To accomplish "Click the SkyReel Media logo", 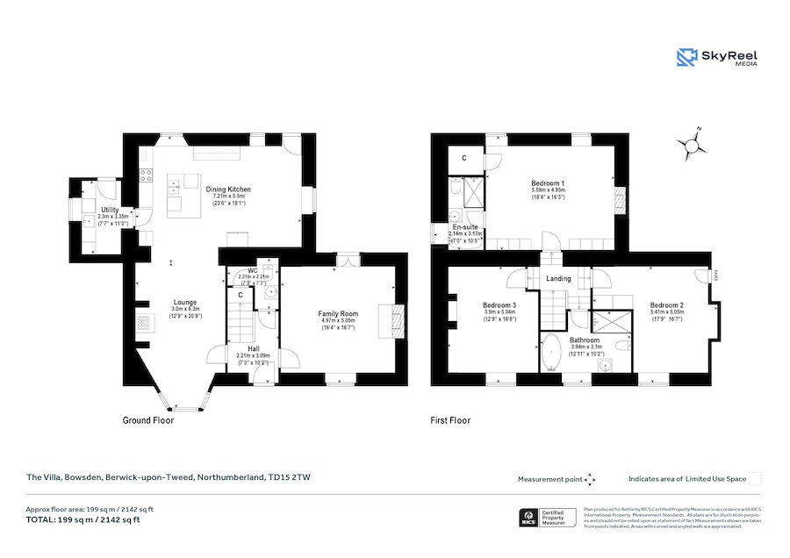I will [718, 58].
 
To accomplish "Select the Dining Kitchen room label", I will [228, 190].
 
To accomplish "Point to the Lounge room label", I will [184, 304].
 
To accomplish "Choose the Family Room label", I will [338, 314].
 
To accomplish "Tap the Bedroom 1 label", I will [548, 182].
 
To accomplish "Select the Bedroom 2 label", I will [667, 305].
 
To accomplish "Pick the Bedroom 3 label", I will [499, 305].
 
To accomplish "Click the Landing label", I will [559, 279].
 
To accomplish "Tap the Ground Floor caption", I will [147, 420].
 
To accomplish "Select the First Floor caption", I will [450, 420].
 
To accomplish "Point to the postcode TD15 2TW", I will [291, 477].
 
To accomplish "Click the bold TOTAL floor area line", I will [83, 519].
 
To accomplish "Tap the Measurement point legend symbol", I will [590, 479].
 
